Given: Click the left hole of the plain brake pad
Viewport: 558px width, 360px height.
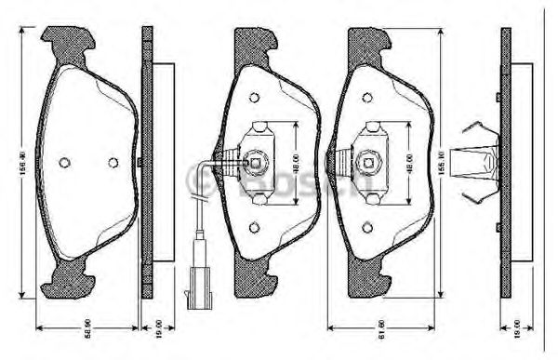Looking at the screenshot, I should point(64,163).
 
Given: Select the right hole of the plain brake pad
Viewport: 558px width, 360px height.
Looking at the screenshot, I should point(113,163).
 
